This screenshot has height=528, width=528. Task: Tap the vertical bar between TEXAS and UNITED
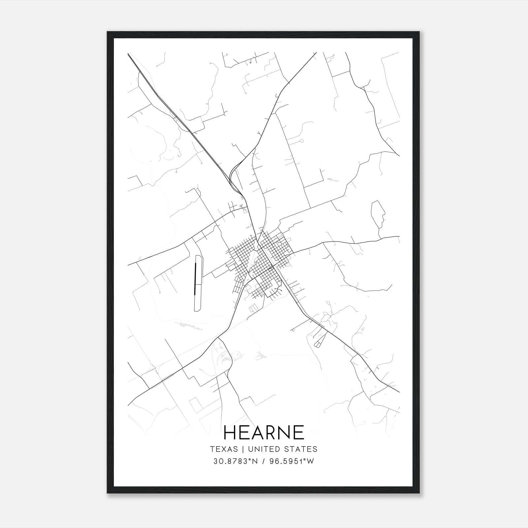click(x=243, y=449)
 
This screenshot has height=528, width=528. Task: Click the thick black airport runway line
click(x=195, y=279)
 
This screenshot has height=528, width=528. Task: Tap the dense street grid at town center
click(x=261, y=261)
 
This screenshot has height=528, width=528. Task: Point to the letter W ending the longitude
click(x=311, y=461)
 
